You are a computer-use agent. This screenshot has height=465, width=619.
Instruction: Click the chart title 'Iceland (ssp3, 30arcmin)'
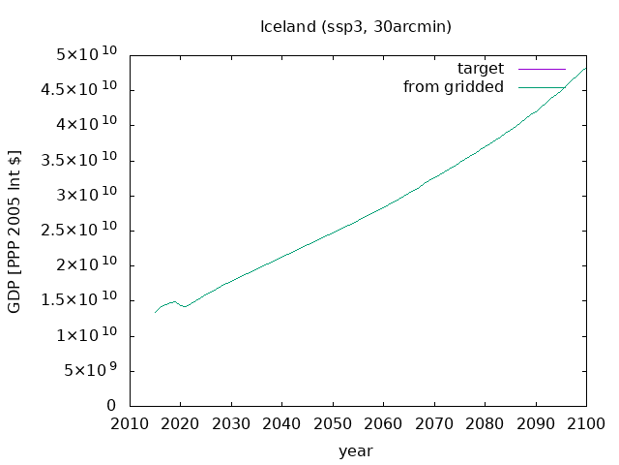(x=356, y=27)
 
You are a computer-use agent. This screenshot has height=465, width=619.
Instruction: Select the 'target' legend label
(x=481, y=69)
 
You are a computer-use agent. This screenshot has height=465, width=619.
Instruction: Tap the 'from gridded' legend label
(x=454, y=86)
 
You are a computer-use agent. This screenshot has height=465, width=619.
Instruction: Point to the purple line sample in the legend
(x=542, y=69)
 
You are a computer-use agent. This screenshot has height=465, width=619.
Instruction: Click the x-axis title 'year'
(x=355, y=451)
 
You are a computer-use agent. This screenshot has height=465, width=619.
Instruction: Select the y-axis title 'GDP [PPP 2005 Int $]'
(x=15, y=232)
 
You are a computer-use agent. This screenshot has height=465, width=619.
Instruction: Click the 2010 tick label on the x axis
(x=130, y=424)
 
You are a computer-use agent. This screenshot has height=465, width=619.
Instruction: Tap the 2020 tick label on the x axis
(x=180, y=424)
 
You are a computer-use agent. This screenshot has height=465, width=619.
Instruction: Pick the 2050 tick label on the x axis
(x=333, y=424)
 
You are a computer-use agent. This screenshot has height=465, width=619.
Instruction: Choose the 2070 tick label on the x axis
(x=434, y=424)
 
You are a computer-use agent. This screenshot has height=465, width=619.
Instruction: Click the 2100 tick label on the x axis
(x=586, y=424)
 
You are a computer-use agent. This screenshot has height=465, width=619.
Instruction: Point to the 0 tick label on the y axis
(x=111, y=405)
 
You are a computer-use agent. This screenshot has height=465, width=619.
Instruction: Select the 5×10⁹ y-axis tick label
(x=85, y=370)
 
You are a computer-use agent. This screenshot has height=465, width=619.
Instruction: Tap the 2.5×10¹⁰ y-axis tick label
(x=79, y=229)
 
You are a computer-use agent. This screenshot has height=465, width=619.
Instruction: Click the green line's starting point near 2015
(x=155, y=313)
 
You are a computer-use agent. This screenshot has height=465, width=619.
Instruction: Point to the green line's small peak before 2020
(x=174, y=301)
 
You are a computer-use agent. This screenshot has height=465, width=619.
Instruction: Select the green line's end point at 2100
(x=586, y=68)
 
